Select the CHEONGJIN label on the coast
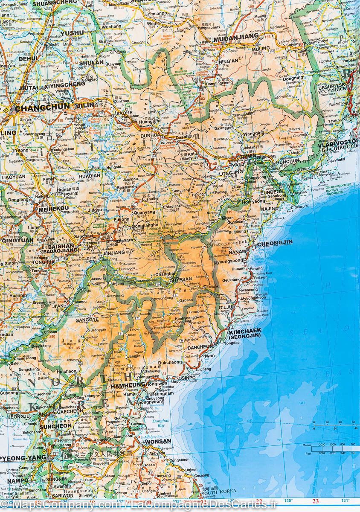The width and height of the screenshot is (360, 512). pos(275,242)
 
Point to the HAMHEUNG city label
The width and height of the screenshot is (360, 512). pos(128,385)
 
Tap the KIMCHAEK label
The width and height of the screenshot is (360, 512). pos(244,332)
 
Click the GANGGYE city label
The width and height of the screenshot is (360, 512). pos(87,319)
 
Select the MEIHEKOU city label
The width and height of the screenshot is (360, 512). pos(53,209)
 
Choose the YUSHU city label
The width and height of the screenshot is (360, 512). pos(72,33)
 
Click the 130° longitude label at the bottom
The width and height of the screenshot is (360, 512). pos(289,501)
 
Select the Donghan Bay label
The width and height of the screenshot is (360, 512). pos(161,423)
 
